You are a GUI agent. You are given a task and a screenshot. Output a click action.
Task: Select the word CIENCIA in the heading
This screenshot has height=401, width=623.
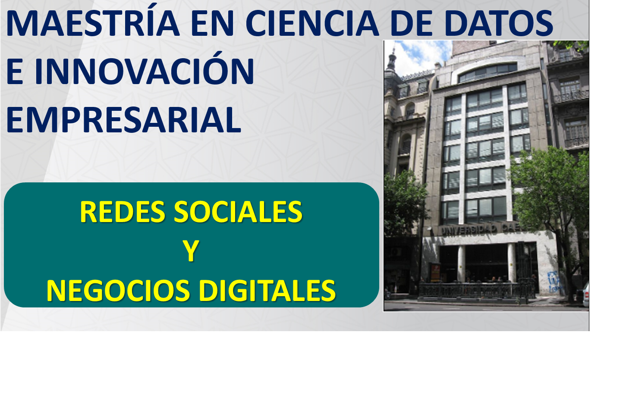tap(312, 23)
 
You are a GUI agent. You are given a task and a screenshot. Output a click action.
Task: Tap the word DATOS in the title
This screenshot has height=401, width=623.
tap(498, 23)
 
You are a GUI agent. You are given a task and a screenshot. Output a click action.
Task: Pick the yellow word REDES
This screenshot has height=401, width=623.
tap(123, 212)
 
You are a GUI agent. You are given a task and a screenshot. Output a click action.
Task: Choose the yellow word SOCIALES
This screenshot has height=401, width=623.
tap(238, 212)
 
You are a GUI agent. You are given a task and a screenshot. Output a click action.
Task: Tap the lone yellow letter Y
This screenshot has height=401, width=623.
tap(191, 251)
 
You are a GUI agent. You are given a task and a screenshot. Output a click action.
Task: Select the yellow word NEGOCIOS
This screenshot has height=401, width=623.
tap(118, 291)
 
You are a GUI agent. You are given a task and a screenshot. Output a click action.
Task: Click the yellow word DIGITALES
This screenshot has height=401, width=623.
tap(267, 291)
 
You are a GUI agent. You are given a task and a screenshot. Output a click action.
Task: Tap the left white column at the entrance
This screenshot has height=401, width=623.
tap(461, 263)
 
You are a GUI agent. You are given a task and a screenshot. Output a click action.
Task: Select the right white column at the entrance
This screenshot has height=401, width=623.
tap(511, 262)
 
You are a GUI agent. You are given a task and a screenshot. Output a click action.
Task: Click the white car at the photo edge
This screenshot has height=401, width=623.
tap(585, 295)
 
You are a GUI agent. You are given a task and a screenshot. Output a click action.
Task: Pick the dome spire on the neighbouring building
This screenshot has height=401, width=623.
tap(392, 60)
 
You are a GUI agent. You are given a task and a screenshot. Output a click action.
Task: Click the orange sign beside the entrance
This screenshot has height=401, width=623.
tap(435, 273)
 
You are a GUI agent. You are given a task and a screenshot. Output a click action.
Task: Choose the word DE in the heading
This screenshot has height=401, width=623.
tap(411, 23)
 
